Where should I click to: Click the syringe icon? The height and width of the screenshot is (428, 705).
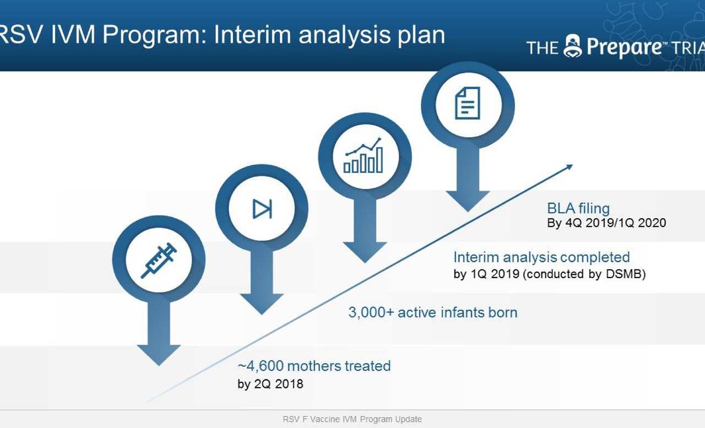[159, 260]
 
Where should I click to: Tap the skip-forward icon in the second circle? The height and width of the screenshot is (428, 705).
[262, 209]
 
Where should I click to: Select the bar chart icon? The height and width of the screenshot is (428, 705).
[364, 155]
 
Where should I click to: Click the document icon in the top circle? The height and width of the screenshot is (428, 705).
[468, 103]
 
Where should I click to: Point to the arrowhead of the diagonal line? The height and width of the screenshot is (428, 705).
[570, 166]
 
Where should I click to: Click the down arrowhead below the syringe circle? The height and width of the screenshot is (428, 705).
[159, 355]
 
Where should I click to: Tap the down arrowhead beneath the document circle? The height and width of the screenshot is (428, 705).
[468, 201]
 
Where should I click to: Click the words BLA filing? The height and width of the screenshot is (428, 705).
[578, 208]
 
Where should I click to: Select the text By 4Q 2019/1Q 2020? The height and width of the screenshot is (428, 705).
[606, 223]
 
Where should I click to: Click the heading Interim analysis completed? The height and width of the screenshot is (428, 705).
[541, 257]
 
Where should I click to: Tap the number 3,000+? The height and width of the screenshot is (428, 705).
[371, 312]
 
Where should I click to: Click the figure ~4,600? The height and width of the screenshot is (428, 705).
[261, 366]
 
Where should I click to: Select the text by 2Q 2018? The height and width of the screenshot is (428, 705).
[270, 384]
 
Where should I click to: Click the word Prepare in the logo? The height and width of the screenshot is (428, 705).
[624, 47]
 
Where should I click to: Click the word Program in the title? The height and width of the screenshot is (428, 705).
[151, 35]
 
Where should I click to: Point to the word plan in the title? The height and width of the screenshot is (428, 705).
[421, 35]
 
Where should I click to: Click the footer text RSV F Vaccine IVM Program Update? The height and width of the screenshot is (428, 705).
[352, 419]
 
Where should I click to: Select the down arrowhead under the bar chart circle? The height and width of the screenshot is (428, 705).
[365, 252]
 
